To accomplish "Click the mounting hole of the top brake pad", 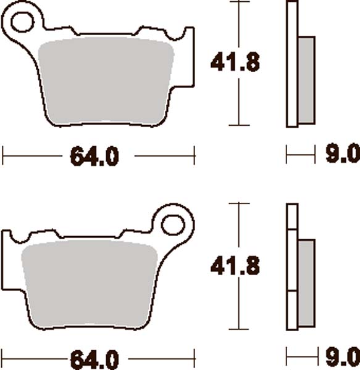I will tap(22, 22).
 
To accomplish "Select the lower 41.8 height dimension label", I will tap(236, 266).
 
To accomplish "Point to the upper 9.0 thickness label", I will tap(341, 154).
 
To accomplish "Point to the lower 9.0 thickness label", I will tap(341, 356).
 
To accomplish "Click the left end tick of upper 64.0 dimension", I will tap(3, 155).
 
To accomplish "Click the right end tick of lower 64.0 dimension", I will tap(195, 356).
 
